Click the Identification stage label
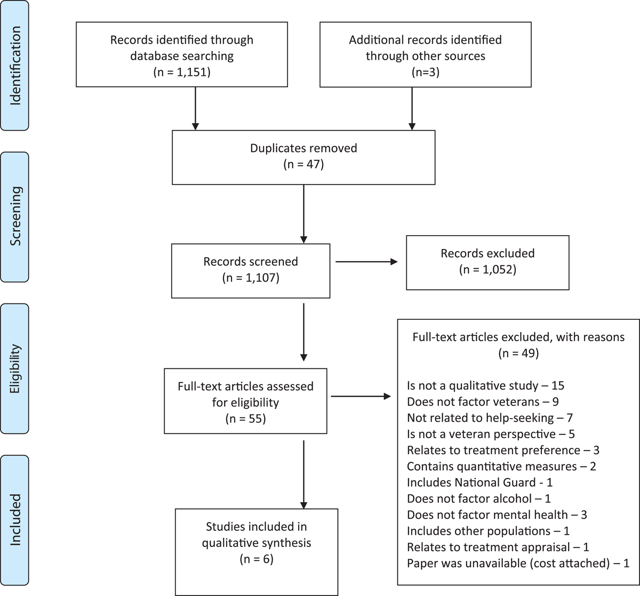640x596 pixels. click(15, 66)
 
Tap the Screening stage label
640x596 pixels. click(15, 216)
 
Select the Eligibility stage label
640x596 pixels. click(15, 368)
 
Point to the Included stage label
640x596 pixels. click(15, 520)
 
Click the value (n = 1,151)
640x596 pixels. click(182, 72)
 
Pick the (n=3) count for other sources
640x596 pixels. click(426, 72)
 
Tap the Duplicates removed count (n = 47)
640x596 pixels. click(303, 164)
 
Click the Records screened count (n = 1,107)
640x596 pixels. click(251, 278)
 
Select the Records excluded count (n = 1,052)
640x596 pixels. click(487, 270)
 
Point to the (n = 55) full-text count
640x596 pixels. click(245, 418)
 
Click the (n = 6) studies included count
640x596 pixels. click(257, 559)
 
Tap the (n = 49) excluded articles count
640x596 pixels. click(518, 353)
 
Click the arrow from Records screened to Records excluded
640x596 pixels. click(366, 262)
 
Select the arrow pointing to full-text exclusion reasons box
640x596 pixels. click(361, 396)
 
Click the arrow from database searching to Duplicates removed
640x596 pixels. click(195, 109)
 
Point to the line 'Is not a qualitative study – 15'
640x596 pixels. click(486, 385)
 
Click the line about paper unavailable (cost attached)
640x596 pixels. click(518, 563)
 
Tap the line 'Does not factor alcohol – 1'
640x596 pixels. click(479, 498)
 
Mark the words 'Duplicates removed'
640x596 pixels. click(303, 148)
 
